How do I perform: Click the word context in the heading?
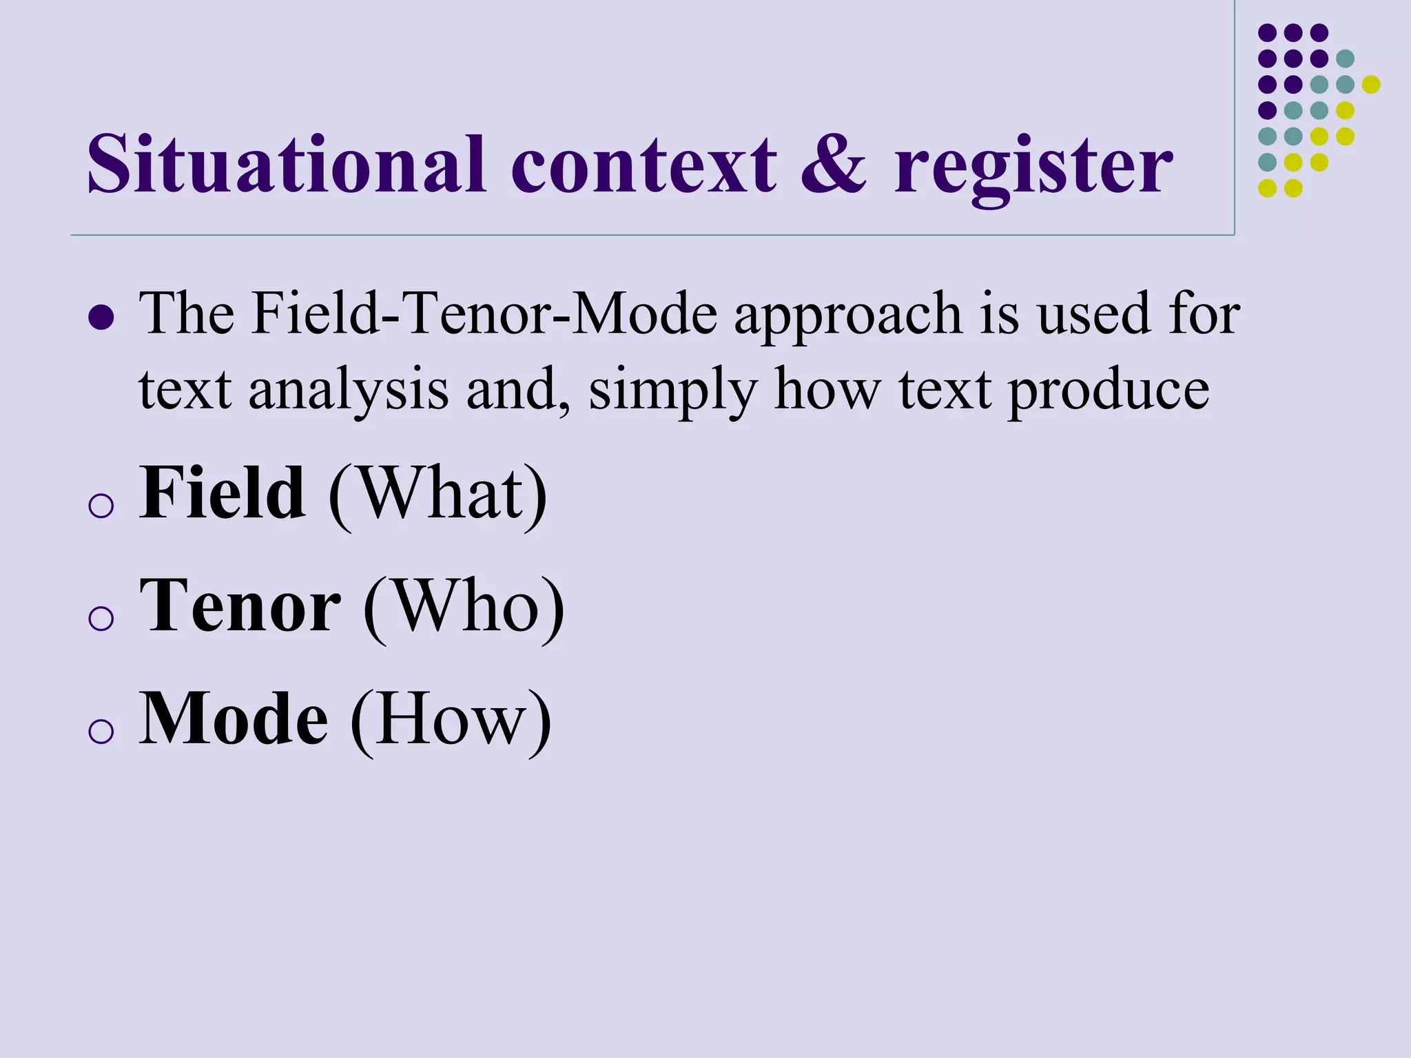(643, 165)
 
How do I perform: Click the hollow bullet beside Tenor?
(101, 618)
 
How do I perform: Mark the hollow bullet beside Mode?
(101, 730)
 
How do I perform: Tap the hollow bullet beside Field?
(101, 506)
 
